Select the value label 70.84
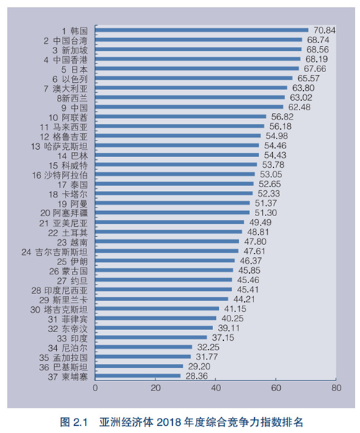click(x=322, y=30)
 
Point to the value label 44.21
click(x=242, y=299)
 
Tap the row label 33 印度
click(x=72, y=337)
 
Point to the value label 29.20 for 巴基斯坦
click(x=197, y=366)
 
